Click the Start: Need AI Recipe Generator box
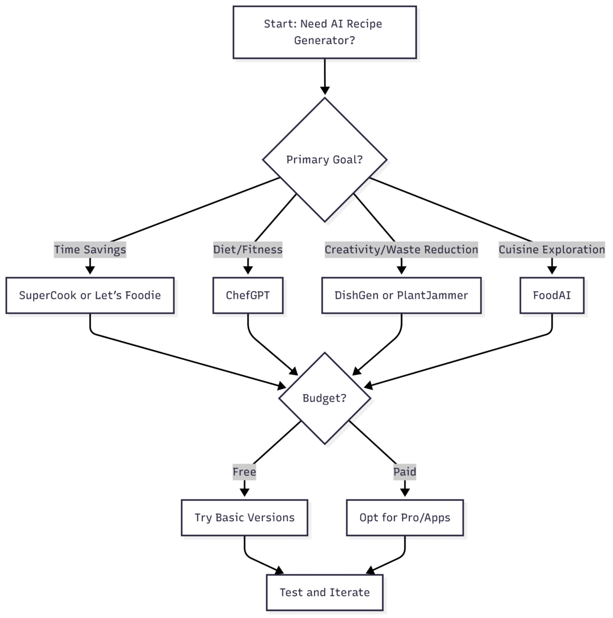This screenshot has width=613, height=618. (x=325, y=32)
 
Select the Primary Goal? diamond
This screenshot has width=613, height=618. (x=325, y=160)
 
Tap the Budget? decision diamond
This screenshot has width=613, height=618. (x=325, y=398)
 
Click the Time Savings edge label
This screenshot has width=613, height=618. (x=90, y=249)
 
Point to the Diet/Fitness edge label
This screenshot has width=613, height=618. (x=248, y=249)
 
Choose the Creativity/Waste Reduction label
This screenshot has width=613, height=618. (x=401, y=249)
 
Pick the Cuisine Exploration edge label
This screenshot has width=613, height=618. (x=552, y=249)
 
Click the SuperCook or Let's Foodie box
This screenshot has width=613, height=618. (x=90, y=296)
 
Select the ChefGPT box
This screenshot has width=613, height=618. (x=248, y=296)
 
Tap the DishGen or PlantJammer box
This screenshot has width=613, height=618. (x=401, y=296)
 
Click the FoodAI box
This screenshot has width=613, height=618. (x=552, y=296)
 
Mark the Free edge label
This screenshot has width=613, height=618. (x=244, y=472)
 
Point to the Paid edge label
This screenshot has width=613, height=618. (x=405, y=472)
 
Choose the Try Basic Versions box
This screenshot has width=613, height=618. (x=244, y=518)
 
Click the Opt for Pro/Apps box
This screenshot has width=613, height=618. (x=405, y=518)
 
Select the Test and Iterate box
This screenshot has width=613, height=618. (x=325, y=593)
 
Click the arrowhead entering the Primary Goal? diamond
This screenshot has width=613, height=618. (x=325, y=91)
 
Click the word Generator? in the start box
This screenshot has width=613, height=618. (x=325, y=40)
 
